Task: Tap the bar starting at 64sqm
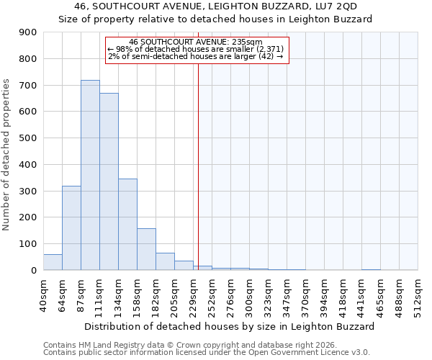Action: [x=71, y=228]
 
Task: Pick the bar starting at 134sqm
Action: [x=127, y=224]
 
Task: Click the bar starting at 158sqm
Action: [x=146, y=249]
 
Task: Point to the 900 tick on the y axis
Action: [x=28, y=32]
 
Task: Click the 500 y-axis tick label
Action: [x=28, y=138]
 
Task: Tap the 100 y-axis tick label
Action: [x=28, y=244]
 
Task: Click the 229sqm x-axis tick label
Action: [x=194, y=294]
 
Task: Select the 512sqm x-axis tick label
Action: [x=418, y=294]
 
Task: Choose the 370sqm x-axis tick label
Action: [x=306, y=294]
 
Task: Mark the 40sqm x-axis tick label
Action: [x=44, y=294]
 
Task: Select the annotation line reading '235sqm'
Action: [x=197, y=42]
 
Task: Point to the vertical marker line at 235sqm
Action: [x=198, y=166]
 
